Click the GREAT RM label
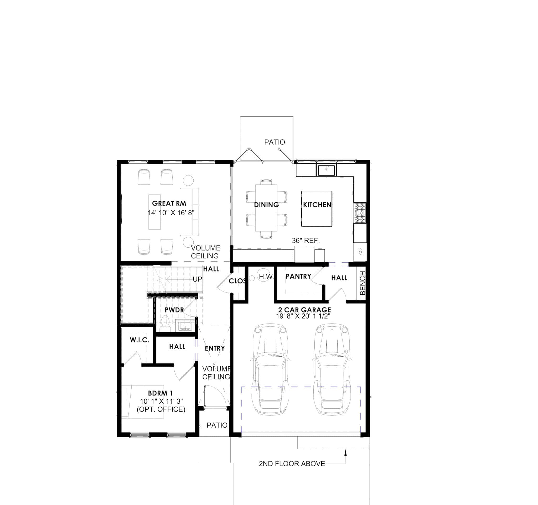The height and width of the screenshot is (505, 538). click(x=169, y=204)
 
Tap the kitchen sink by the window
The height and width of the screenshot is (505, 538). click(x=326, y=171)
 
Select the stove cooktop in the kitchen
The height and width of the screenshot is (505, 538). click(x=360, y=213)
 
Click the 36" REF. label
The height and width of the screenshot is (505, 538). click(x=306, y=241)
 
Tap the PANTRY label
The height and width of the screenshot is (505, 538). click(x=298, y=276)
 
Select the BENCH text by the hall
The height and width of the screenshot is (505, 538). click(x=363, y=283)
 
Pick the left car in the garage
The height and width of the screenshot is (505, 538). click(x=270, y=369)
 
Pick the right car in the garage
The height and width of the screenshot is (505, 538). click(x=332, y=369)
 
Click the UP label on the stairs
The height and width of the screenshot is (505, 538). click(x=197, y=279)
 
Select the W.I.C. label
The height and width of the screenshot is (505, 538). click(x=139, y=340)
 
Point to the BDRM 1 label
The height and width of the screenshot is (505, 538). click(x=160, y=393)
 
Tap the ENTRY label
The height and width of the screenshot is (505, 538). click(x=215, y=348)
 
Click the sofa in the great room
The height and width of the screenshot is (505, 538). click(x=189, y=212)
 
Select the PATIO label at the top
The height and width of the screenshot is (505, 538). click(x=275, y=142)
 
